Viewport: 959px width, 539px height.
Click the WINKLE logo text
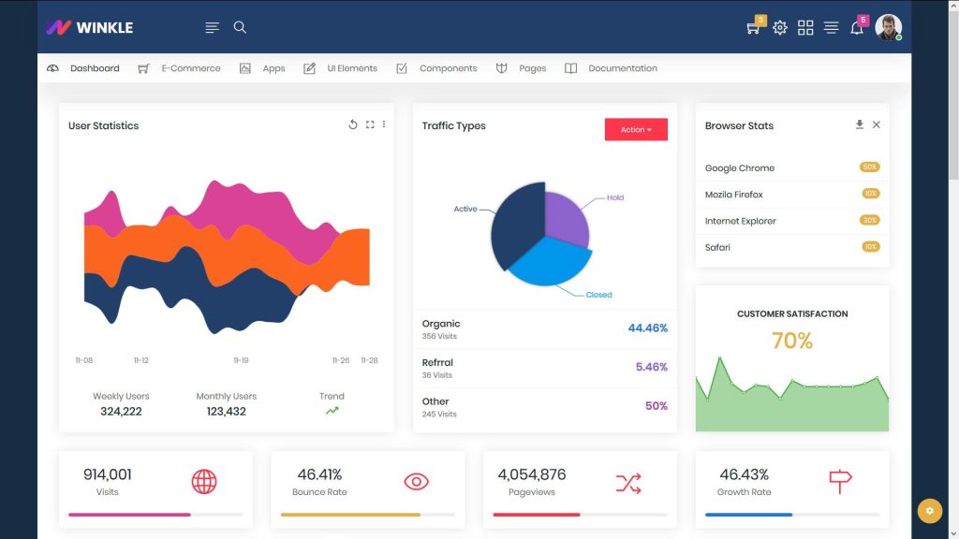point(104,27)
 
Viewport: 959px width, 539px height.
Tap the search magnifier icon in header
point(240,27)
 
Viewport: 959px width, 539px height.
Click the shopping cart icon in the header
point(752,28)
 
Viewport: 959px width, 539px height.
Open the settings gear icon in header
point(780,28)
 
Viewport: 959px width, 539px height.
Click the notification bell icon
point(856,28)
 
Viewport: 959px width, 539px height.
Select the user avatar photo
point(887,27)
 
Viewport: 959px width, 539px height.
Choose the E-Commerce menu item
point(190,68)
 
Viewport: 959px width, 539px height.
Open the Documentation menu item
point(622,68)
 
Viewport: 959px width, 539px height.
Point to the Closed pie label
point(598,295)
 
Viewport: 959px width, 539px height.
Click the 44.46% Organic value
point(647,328)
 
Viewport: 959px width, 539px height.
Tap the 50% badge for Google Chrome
point(869,168)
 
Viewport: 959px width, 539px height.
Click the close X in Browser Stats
point(877,124)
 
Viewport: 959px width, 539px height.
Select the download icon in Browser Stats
point(860,124)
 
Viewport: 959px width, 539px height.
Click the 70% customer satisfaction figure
point(792,341)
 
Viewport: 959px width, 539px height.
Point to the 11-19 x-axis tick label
point(241,360)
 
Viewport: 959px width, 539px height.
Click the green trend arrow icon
point(332,411)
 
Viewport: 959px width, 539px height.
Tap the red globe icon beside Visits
point(204,482)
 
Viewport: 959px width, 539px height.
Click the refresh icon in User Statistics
point(353,124)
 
